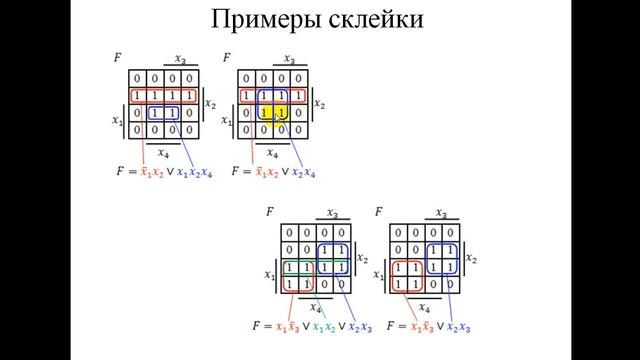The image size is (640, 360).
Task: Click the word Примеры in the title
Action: coord(266,19)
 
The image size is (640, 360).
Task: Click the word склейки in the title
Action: coord(371,19)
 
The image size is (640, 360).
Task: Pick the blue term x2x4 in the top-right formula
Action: coord(300,173)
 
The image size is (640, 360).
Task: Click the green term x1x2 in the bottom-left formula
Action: coord(324,327)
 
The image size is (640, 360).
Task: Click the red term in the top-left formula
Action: coord(153,173)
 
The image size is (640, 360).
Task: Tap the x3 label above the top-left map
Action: coord(180,59)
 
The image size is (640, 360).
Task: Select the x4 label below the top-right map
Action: coord(273,154)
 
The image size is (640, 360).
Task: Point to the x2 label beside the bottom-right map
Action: coord(471,259)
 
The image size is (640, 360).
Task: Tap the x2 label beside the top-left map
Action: coord(211,103)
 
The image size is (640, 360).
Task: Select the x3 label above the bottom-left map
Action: coord(332,213)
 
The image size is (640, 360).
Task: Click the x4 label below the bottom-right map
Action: coord(424,308)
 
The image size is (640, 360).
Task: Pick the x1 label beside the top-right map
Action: coord(225,122)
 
